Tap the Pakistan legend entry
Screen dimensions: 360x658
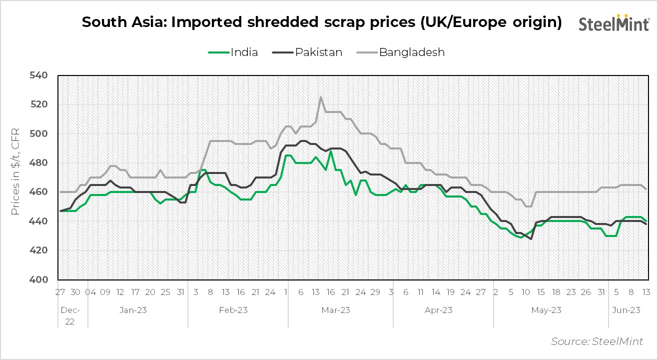coord(308,52)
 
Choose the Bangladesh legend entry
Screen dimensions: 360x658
coord(401,52)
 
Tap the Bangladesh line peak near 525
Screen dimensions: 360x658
coord(320,97)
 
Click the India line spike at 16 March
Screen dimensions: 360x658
coord(330,151)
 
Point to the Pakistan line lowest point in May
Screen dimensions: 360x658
coord(531,239)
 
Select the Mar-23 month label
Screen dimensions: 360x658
coord(335,310)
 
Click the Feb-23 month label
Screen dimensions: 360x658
coord(233,310)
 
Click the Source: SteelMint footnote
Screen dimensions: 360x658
coord(597,341)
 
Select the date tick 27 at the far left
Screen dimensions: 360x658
coord(60,292)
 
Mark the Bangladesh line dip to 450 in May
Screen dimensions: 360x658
coord(529,206)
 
